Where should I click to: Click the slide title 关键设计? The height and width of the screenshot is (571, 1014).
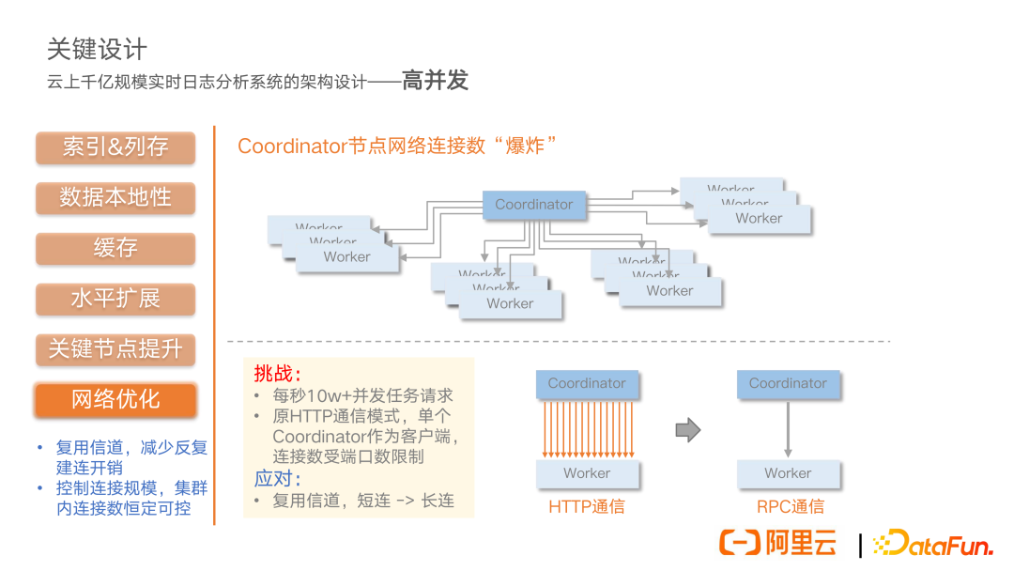click(x=97, y=49)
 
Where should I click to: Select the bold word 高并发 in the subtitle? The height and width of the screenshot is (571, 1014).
click(x=435, y=81)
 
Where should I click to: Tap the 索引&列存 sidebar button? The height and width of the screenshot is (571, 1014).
click(x=115, y=147)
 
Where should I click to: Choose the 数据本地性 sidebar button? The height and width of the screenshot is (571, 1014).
click(x=115, y=198)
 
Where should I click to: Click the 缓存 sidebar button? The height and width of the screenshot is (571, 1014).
click(x=115, y=249)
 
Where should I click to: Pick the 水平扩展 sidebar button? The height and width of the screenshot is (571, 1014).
click(x=115, y=300)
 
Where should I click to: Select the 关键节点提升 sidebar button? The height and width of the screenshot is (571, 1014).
click(x=115, y=350)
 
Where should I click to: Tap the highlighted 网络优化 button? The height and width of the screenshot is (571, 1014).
click(x=115, y=400)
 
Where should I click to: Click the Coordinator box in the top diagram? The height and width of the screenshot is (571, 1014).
click(x=533, y=205)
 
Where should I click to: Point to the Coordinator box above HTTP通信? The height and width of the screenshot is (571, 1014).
click(x=587, y=383)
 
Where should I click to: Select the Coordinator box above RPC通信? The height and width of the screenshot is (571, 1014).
click(x=788, y=383)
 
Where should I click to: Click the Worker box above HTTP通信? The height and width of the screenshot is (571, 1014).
click(x=587, y=473)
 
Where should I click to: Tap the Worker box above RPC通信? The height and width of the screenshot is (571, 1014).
click(x=788, y=473)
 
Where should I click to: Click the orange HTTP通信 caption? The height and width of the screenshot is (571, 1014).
click(x=587, y=507)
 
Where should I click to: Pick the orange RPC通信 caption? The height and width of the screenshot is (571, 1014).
click(x=791, y=507)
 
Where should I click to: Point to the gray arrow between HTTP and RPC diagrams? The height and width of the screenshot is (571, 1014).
click(x=688, y=430)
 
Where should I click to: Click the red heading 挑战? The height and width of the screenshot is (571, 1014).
click(x=278, y=374)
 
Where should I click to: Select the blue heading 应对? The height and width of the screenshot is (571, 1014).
click(x=278, y=479)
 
